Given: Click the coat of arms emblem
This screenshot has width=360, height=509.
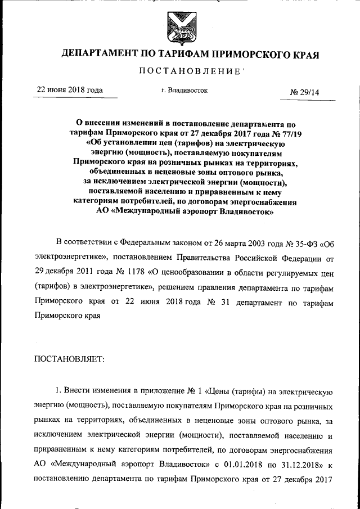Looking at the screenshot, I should (179, 25).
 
